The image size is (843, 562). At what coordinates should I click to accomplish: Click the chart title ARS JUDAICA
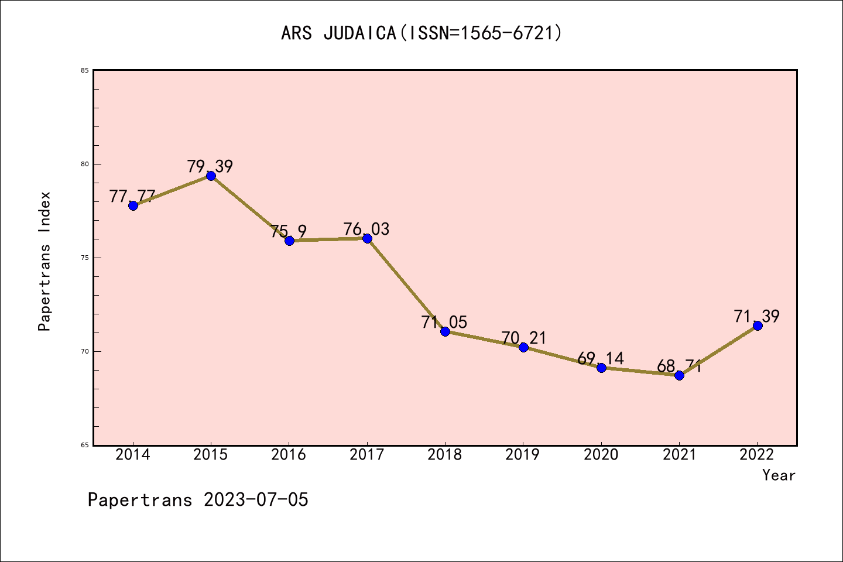pyautogui.click(x=421, y=33)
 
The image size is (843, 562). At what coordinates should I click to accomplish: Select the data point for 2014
pyautogui.click(x=133, y=205)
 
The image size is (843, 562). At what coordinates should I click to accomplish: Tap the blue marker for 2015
pyautogui.click(x=211, y=176)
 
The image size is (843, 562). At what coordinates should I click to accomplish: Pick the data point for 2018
pyautogui.click(x=445, y=331)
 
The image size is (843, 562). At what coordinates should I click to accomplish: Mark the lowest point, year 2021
pyautogui.click(x=679, y=375)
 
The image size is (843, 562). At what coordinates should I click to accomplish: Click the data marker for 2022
pyautogui.click(x=758, y=325)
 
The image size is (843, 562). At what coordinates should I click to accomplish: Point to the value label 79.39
pyautogui.click(x=210, y=166)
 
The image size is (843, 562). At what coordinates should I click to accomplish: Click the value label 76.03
pyautogui.click(x=366, y=229)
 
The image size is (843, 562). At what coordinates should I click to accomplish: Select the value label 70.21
pyautogui.click(x=523, y=338)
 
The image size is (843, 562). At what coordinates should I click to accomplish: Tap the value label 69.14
pyautogui.click(x=601, y=358)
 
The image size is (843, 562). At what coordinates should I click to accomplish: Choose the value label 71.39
pyautogui.click(x=757, y=316)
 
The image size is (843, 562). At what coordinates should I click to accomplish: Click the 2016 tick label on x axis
pyautogui.click(x=289, y=455)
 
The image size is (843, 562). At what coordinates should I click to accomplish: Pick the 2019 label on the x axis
pyautogui.click(x=523, y=455)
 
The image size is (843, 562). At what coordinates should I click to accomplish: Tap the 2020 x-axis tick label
pyautogui.click(x=601, y=455)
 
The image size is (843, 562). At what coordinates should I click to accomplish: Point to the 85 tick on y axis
pyautogui.click(x=85, y=70)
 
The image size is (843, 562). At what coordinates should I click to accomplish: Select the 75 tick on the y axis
pyautogui.click(x=85, y=258)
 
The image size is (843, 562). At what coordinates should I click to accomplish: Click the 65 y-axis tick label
pyautogui.click(x=85, y=445)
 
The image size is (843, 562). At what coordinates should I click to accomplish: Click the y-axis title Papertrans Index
pyautogui.click(x=44, y=261)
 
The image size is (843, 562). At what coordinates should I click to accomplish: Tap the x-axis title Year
pyautogui.click(x=779, y=475)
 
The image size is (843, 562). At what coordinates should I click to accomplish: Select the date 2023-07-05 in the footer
pyautogui.click(x=256, y=500)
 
